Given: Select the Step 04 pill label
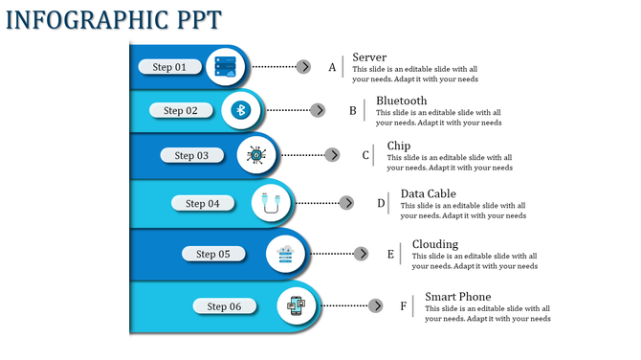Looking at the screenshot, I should click(203, 203).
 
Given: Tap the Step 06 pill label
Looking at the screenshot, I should click(224, 306).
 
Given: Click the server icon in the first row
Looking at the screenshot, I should click(226, 66).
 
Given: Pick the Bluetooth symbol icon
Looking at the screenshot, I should click(241, 111).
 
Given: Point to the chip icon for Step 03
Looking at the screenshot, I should click(256, 155).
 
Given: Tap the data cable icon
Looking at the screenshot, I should click(272, 203).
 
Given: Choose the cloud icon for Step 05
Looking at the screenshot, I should click(285, 254).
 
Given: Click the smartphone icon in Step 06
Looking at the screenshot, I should click(298, 306).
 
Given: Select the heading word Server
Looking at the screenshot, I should click(368, 57).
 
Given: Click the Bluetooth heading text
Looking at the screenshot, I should click(401, 101).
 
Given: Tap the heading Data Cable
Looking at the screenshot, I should click(428, 193).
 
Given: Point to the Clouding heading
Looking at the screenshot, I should click(434, 244).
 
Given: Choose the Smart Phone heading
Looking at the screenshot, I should click(457, 297).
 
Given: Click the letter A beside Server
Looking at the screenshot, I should click(332, 67).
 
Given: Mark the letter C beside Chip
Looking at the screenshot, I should click(365, 155).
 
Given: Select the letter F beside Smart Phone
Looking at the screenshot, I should click(403, 306).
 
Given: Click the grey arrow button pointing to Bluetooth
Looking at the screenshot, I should click(318, 110).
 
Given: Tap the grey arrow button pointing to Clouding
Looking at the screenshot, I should click(362, 254).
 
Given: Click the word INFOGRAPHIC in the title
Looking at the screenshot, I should click(76, 19).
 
